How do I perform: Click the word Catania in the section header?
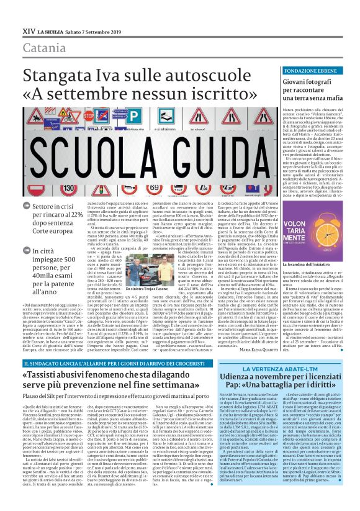pos(43,48)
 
